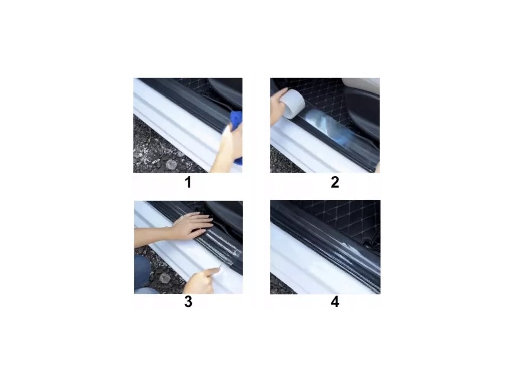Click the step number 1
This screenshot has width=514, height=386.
(188, 182)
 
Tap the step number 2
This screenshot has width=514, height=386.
(335, 182)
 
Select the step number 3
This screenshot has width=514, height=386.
(188, 302)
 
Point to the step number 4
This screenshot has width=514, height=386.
(335, 302)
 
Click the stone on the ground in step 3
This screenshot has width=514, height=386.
(165, 278)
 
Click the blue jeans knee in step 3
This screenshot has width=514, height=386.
(142, 272)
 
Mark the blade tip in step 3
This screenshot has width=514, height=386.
(222, 265)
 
